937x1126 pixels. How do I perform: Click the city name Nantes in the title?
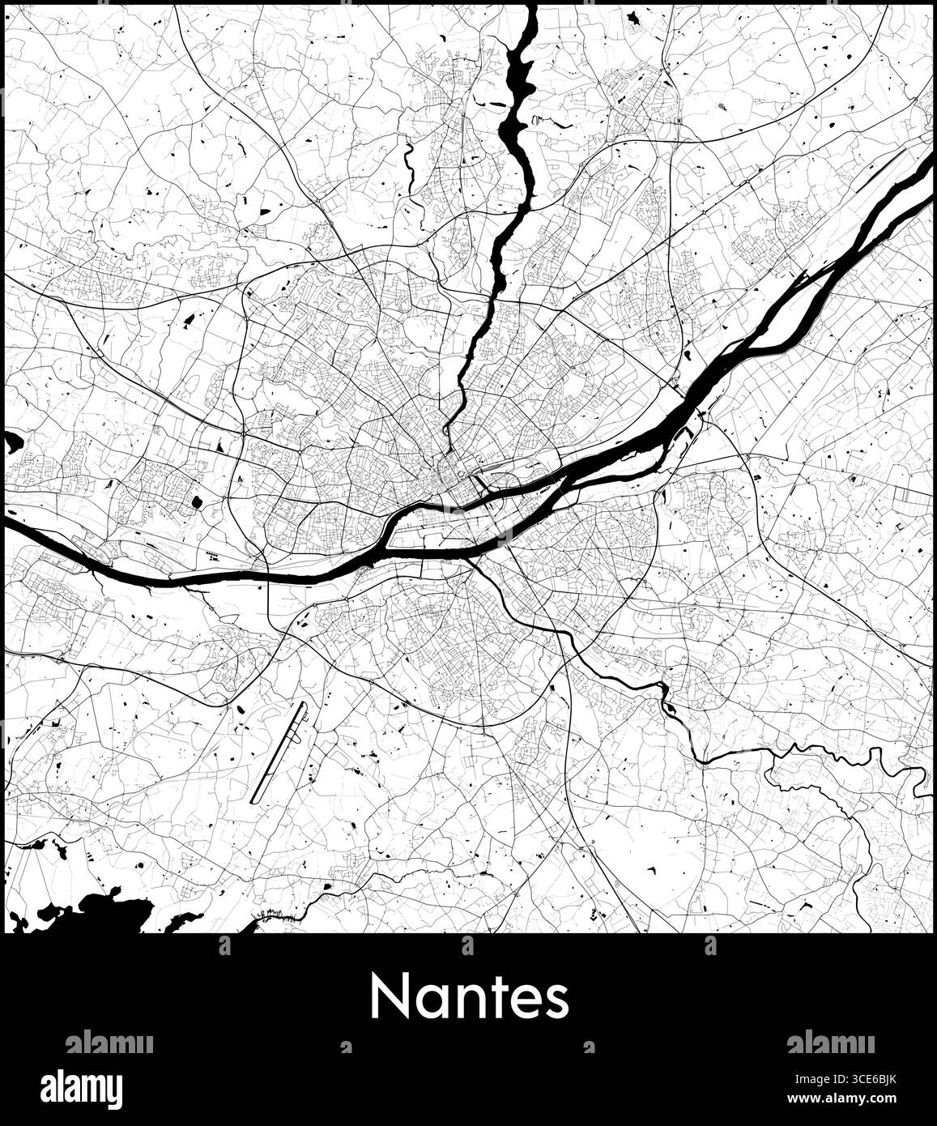[470, 997]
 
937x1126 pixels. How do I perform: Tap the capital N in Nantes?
[389, 997]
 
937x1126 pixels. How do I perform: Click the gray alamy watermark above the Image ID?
[829, 1043]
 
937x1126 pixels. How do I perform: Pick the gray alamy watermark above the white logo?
[109, 1043]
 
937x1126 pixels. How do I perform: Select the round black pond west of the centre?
[197, 503]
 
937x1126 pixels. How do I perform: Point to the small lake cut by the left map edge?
[12, 441]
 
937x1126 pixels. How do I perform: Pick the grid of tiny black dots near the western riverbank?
[214, 556]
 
